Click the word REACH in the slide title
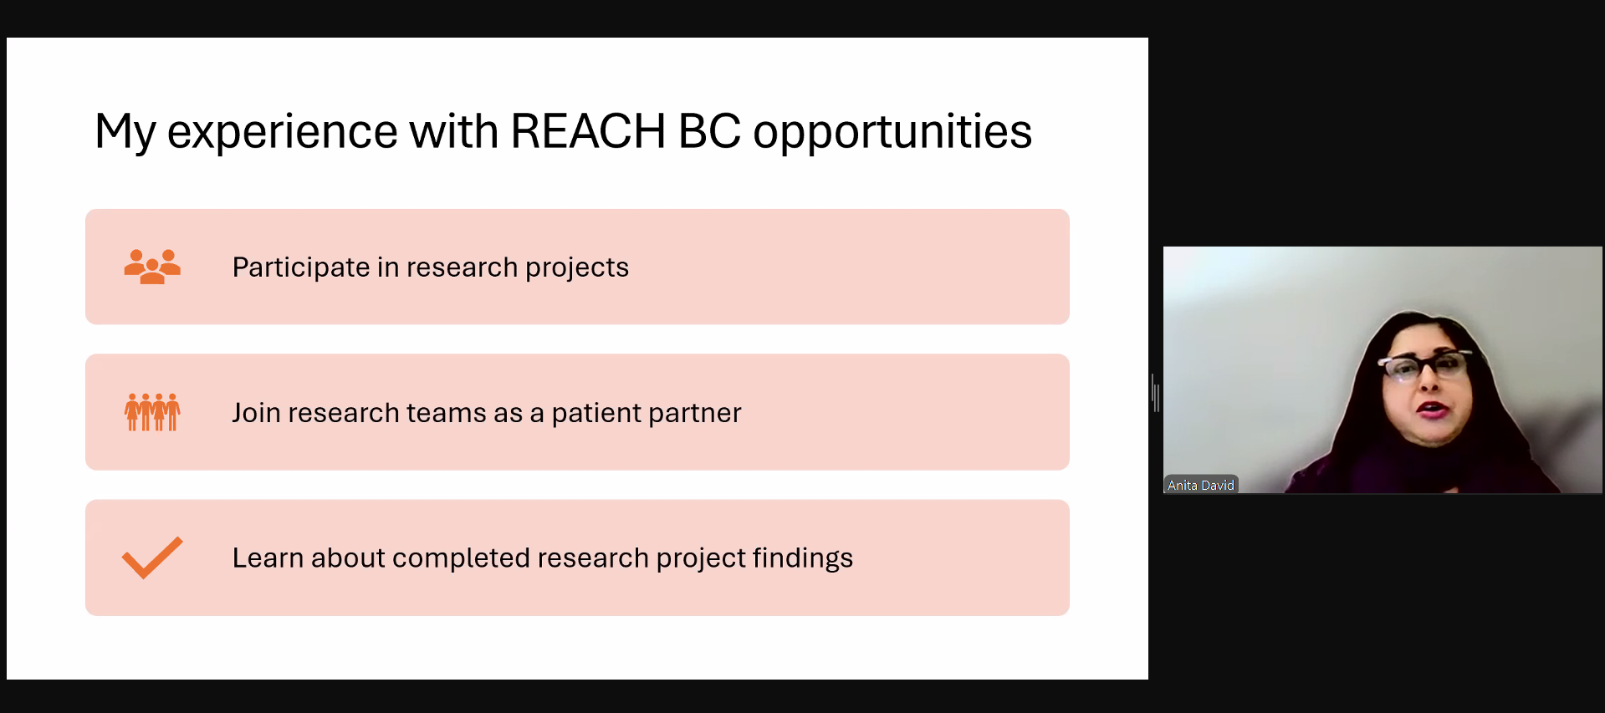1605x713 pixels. (587, 131)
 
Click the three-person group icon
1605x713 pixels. (152, 267)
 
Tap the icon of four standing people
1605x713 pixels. (152, 412)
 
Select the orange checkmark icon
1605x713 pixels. (152, 557)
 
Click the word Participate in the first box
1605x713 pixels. (301, 267)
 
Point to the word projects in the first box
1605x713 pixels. (576, 267)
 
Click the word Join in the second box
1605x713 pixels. (256, 413)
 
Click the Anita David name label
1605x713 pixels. (1200, 485)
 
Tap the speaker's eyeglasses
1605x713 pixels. (1424, 365)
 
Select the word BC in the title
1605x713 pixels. (709, 131)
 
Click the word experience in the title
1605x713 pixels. (282, 133)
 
